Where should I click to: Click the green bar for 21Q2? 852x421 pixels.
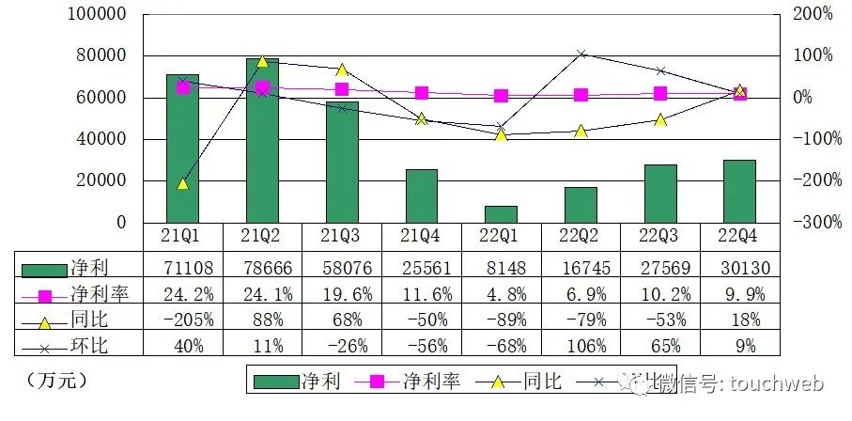(262, 140)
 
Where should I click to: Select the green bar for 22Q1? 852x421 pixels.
(502, 213)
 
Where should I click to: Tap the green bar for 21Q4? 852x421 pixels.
(422, 195)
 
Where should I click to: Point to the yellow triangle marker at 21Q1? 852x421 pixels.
(182, 183)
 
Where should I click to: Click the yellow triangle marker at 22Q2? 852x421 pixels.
(581, 132)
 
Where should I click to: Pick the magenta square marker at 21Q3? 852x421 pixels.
(342, 89)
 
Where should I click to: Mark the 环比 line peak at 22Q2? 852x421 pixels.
(581, 55)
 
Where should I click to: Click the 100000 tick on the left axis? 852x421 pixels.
(98, 15)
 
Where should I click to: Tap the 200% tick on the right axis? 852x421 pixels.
(813, 15)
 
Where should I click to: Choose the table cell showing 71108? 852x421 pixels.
(182, 269)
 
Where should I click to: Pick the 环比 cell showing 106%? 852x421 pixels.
(581, 345)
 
